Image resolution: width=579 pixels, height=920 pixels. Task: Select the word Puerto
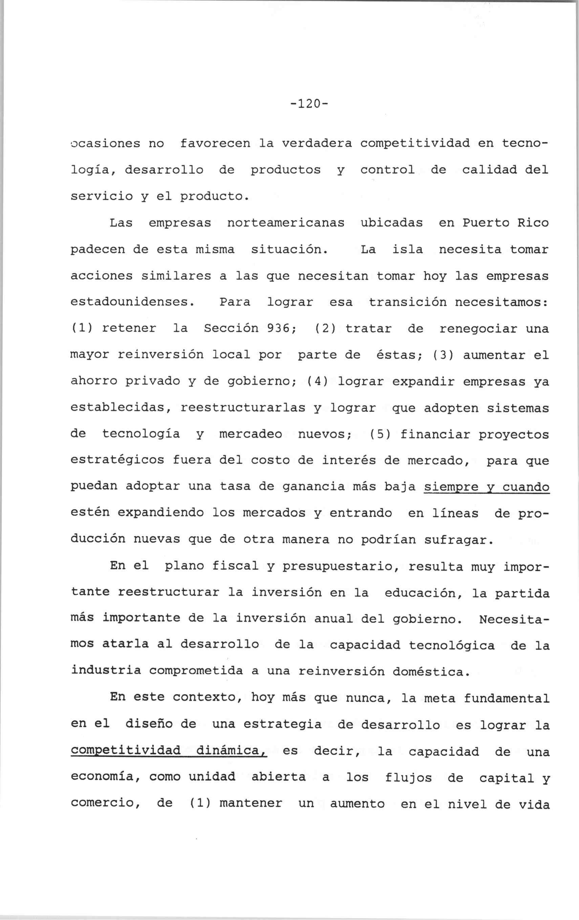coord(486,223)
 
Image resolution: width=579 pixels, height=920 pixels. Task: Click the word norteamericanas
coord(286,223)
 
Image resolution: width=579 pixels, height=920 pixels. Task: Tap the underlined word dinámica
coord(230,751)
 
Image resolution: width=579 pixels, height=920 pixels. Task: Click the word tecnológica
coord(452,646)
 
